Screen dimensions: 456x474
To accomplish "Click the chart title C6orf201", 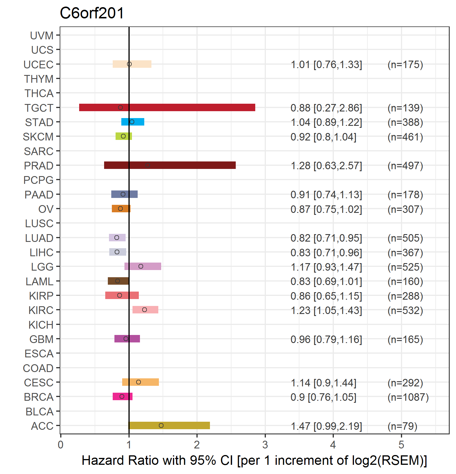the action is pos(92,13).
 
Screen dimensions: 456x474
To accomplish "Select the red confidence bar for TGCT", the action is pos(167,107).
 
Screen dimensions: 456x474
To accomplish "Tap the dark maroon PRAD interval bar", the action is pos(170,165).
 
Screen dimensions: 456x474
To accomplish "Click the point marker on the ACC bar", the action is pos(161,425).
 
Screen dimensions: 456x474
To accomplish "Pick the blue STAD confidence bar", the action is pos(133,122).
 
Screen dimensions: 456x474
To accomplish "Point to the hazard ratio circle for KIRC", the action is pos(145,310).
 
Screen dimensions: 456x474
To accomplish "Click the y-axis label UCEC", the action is pos(38,65).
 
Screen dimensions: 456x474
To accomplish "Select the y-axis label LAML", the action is pos(40,282).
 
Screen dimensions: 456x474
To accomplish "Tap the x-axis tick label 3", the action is pos(265,445).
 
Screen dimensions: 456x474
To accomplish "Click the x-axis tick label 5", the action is pos(401,445).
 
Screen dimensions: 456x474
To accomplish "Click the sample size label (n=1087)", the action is pos(408,397).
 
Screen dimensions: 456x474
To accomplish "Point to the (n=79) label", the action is pos(402,426).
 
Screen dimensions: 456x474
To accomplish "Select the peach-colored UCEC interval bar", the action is pos(132,64).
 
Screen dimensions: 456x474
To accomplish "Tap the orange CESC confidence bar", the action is pos(141,382).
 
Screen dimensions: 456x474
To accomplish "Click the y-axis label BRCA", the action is pos(39,397).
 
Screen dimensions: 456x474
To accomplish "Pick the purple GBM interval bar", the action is pos(127,339).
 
